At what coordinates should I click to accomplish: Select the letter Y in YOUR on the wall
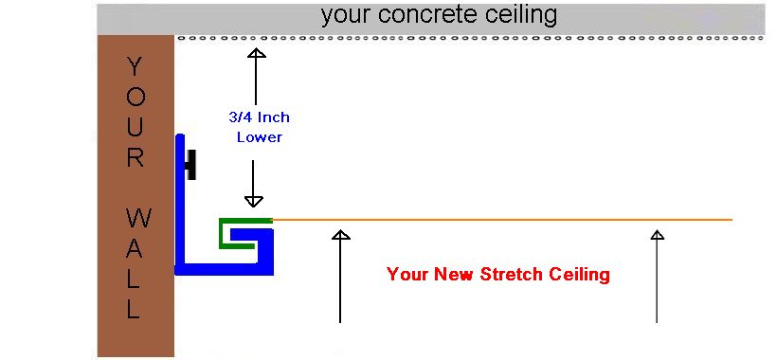pos(135,66)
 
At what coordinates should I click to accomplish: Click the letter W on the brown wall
pos(135,220)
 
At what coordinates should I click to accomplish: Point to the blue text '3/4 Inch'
pos(259,117)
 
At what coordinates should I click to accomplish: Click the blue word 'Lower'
pos(259,136)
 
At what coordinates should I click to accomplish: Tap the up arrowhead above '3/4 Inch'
pos(256,53)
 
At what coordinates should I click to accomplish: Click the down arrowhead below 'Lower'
pos(253,200)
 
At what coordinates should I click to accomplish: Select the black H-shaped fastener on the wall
pos(190,165)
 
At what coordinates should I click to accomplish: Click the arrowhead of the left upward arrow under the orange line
pos(340,234)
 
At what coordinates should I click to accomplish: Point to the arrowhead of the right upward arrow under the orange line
pos(657,234)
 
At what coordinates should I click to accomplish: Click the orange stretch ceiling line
pos(502,220)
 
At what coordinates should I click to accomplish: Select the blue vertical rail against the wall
pos(179,204)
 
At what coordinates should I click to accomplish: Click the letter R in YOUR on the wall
pos(135,158)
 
